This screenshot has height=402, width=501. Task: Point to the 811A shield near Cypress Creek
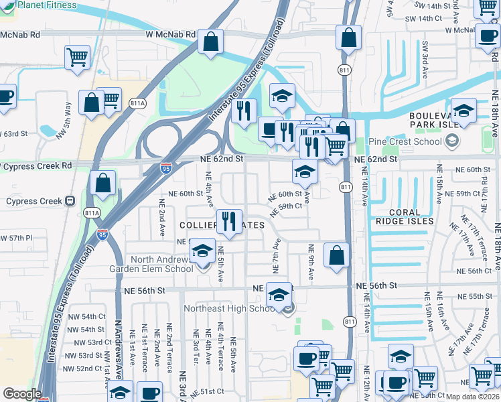(x=92, y=213)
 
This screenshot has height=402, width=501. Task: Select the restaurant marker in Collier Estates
(x=230, y=222)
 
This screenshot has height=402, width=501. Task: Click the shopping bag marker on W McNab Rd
(x=211, y=42)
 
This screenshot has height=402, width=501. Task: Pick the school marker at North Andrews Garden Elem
(x=202, y=253)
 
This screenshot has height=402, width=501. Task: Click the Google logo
(x=22, y=394)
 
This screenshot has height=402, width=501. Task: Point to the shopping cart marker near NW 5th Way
(x=78, y=57)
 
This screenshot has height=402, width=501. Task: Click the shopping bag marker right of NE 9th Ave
(x=336, y=255)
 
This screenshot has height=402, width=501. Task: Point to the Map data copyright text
(x=472, y=397)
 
